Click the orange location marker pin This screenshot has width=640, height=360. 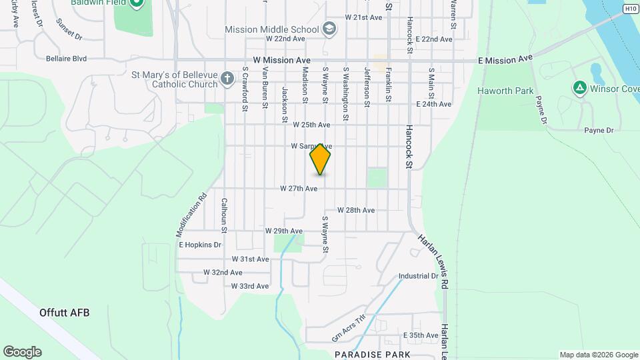click(x=321, y=159)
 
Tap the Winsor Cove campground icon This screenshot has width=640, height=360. click(x=579, y=87)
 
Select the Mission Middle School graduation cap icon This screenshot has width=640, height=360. click(x=329, y=29)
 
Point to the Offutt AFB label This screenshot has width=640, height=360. click(x=64, y=312)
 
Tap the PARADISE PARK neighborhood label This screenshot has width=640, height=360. click(x=372, y=354)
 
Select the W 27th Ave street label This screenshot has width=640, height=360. click(x=298, y=189)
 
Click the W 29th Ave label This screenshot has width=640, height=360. click(x=284, y=231)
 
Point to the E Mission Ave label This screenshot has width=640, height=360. click(x=507, y=59)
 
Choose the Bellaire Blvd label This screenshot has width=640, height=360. click(x=66, y=59)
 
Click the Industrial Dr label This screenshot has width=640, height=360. click(x=418, y=276)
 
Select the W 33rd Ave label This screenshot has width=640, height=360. click(x=250, y=286)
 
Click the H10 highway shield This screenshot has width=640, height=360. click(x=631, y=8)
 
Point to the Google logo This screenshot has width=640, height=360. click(x=21, y=352)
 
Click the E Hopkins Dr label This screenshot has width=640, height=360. click(x=200, y=245)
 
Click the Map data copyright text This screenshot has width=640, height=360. click(x=598, y=355)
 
